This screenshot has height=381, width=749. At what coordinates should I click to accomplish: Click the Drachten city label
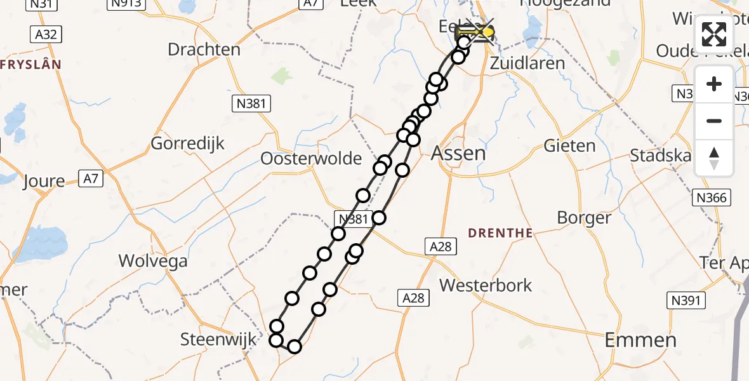point(204,50)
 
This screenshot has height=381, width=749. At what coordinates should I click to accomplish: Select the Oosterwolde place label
point(311,158)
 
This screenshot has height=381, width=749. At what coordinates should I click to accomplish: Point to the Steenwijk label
point(219,339)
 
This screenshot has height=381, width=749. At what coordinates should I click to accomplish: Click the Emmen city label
point(640,340)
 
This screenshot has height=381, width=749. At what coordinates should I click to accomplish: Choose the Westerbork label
point(486,285)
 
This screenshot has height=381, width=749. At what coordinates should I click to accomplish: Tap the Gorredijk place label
point(187,144)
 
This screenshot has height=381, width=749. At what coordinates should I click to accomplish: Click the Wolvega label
point(153,261)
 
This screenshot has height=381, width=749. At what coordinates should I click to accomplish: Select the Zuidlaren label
point(527,63)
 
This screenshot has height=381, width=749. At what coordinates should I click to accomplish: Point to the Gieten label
point(569,146)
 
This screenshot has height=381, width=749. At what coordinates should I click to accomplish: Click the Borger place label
point(584,218)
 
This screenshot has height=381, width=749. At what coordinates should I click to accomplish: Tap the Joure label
point(44,181)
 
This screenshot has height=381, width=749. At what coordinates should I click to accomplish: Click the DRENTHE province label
point(500,233)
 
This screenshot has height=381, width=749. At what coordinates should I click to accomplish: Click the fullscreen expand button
point(714,35)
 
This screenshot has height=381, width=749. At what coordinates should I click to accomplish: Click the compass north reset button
point(714,158)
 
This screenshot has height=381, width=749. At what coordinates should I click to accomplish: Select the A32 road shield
point(46,34)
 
